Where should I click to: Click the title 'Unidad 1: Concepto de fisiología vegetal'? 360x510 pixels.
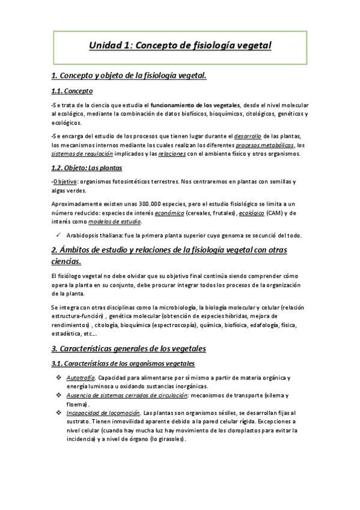pos(180,45)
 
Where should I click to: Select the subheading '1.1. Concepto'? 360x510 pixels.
pos(72,91)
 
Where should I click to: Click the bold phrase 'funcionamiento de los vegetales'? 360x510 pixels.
pos(195,105)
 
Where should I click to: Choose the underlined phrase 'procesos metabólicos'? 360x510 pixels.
pos(265,145)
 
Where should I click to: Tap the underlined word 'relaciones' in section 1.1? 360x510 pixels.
pos(174,154)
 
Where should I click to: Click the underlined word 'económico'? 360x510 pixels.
pos(169,213)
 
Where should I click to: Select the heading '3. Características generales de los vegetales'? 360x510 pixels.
pos(129,348)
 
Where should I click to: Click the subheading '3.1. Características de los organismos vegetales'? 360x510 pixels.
pos(123,364)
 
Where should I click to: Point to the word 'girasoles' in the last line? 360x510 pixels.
pos(170,439)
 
